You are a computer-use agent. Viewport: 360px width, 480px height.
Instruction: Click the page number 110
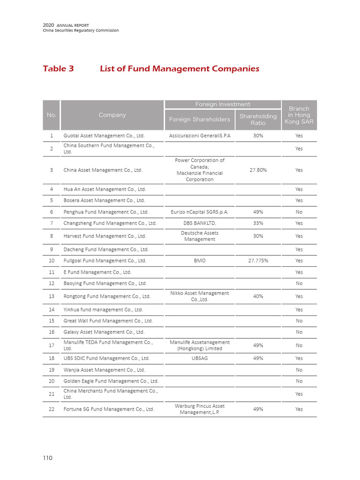point(47,458)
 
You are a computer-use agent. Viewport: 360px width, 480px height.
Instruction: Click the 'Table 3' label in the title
point(58,68)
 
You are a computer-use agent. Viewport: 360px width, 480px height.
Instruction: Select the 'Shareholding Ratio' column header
point(258,119)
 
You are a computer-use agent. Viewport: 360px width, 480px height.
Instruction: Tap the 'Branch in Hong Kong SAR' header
point(299,115)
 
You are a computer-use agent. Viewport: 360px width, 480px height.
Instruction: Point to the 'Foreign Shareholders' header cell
point(199,119)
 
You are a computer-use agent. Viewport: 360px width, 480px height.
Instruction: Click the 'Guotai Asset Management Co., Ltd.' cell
point(104,135)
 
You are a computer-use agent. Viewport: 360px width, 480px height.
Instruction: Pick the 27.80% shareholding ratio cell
point(258,170)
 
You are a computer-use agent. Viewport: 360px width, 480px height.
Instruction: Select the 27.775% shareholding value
point(258,261)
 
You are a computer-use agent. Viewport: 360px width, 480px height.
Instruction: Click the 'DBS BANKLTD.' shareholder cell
point(200,223)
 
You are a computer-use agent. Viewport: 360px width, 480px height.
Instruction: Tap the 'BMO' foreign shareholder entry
point(200,261)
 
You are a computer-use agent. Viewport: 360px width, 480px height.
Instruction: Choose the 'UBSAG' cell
point(200,358)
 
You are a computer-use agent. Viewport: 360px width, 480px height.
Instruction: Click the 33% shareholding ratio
point(258,223)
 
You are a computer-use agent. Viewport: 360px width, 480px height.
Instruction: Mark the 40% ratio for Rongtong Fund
point(258,296)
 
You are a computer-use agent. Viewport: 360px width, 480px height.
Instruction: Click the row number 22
point(52,409)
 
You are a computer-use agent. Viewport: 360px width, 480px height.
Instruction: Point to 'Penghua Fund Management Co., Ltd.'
point(106,212)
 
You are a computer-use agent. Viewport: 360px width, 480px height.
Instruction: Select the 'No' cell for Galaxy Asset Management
point(299,332)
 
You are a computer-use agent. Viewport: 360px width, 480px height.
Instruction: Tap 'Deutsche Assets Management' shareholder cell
point(200,236)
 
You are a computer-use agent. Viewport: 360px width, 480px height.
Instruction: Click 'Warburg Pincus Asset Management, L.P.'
point(200,409)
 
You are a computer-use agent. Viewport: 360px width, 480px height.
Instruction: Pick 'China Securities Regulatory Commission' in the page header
point(81,30)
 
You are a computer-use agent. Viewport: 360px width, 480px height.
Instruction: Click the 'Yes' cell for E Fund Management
point(299,272)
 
